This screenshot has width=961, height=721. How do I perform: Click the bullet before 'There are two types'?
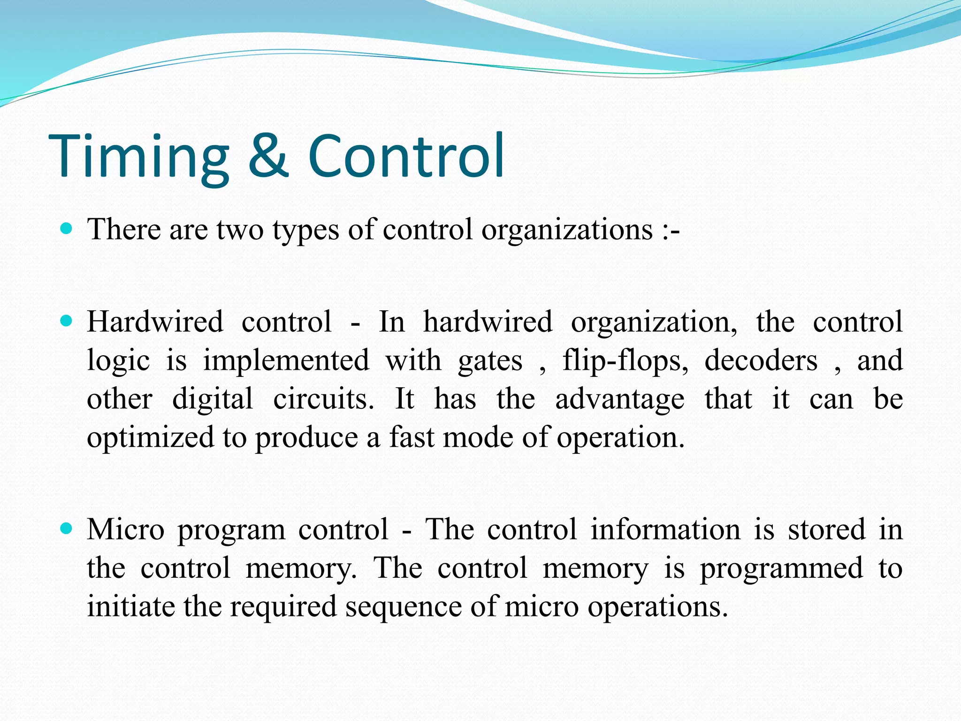pos(67,229)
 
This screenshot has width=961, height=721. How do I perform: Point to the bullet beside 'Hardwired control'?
pos(67,322)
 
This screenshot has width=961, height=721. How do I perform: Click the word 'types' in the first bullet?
pos(305,231)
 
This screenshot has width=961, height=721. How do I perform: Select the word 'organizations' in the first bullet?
pos(567,231)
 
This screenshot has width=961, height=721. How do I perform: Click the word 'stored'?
pos(826,529)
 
